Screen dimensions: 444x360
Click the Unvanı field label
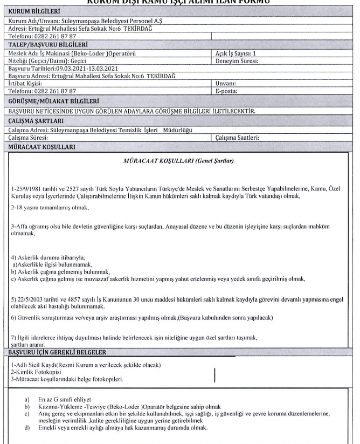click(x=225, y=84)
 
